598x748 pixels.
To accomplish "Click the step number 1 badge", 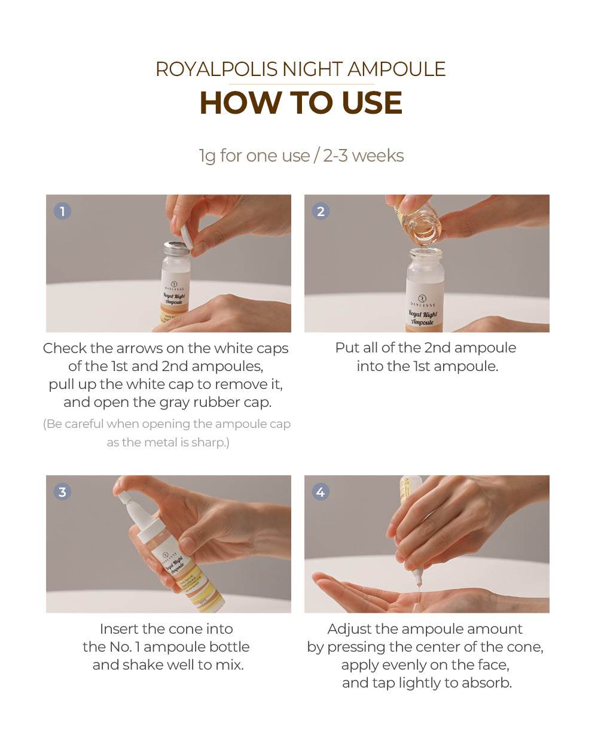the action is [x=63, y=211].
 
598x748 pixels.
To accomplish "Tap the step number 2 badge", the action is [x=321, y=211].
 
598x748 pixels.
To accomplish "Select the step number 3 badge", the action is [x=63, y=492].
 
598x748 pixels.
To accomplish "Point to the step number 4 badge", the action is [x=321, y=492].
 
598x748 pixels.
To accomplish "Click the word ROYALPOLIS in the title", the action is [x=216, y=69].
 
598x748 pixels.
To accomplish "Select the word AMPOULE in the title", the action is [x=396, y=69].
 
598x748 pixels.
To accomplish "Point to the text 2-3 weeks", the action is [x=364, y=156].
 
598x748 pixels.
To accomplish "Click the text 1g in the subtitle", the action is [x=207, y=156].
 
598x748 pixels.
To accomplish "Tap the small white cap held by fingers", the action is [x=187, y=237].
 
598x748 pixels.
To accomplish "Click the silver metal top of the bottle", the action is [x=176, y=248].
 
